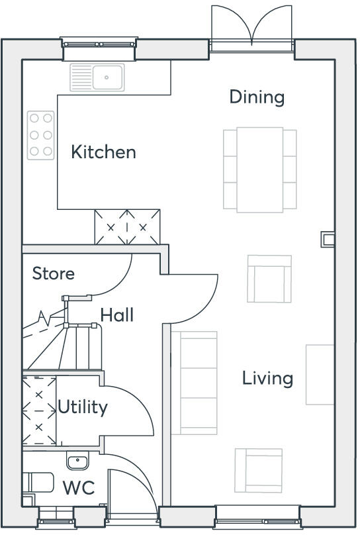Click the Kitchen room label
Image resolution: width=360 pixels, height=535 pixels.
pyautogui.click(x=103, y=152)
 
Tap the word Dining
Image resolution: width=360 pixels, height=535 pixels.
pyautogui.click(x=257, y=97)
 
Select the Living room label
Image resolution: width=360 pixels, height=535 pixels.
pyautogui.click(x=267, y=379)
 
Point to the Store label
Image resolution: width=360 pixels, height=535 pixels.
pyautogui.click(x=54, y=273)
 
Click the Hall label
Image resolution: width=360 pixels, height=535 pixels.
pyautogui.click(x=116, y=315)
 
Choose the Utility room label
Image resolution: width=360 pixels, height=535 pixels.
pyautogui.click(x=82, y=407)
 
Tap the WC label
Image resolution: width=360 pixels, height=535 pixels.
pyautogui.click(x=78, y=489)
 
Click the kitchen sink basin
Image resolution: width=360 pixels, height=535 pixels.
pyautogui.click(x=107, y=77)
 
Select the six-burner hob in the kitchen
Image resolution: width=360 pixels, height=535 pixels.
pyautogui.click(x=40, y=135)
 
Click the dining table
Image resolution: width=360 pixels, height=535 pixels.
pyautogui.click(x=260, y=168)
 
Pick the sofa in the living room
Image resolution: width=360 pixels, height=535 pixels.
pyautogui.click(x=194, y=383)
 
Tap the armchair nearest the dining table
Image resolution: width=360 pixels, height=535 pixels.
pyautogui.click(x=269, y=278)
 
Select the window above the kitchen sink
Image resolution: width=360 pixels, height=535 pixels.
pyautogui.click(x=99, y=44)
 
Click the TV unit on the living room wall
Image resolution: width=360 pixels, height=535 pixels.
pyautogui.click(x=320, y=374)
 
